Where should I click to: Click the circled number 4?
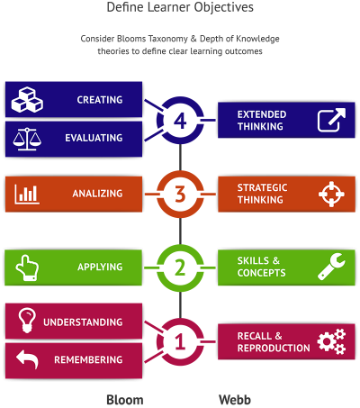(x=180, y=121)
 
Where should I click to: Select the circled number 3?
(x=180, y=194)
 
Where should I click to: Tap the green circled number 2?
(x=180, y=267)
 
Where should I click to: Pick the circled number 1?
(x=180, y=341)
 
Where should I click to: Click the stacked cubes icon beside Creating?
(x=27, y=100)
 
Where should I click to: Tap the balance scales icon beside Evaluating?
(x=27, y=139)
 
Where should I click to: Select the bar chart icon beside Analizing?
(x=27, y=194)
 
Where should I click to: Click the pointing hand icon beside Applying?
(x=27, y=267)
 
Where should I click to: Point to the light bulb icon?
(x=27, y=321)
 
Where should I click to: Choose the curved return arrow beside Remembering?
(x=27, y=359)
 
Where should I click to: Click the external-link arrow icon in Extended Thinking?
(x=331, y=120)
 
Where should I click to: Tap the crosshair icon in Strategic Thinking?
(x=331, y=194)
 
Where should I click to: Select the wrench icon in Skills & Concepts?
(x=331, y=267)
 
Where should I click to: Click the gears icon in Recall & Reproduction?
(x=331, y=341)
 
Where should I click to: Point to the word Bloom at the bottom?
(x=125, y=400)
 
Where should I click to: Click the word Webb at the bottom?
(x=235, y=400)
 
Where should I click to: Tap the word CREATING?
(x=100, y=100)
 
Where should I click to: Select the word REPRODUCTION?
(x=274, y=348)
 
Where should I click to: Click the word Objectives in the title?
(x=223, y=7)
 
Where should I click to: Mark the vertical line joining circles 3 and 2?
(x=180, y=231)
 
